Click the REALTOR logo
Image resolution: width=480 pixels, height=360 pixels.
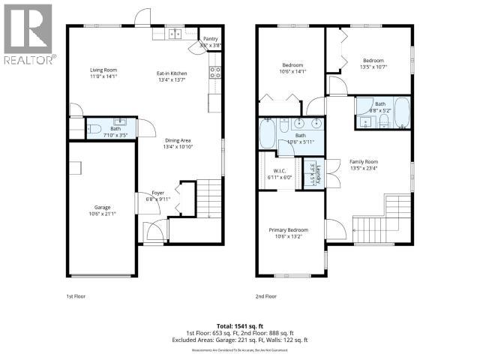[28, 34]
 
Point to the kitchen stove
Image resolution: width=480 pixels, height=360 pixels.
[214, 73]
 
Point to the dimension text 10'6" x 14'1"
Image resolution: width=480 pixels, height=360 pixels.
[293, 71]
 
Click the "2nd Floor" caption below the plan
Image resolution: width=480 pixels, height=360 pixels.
[265, 296]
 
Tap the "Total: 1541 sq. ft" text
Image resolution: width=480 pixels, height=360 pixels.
[239, 326]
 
